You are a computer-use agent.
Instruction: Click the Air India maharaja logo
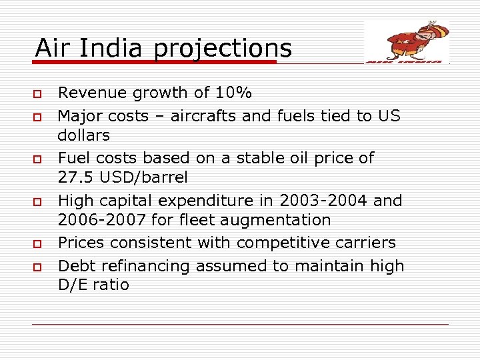coord(407,41)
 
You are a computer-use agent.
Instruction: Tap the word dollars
coord(84,135)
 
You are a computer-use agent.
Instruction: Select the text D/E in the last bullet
coord(73,285)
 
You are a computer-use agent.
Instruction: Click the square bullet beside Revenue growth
coord(39,93)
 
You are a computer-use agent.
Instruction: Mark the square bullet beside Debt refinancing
coord(39,267)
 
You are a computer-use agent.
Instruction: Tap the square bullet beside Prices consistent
coord(39,243)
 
